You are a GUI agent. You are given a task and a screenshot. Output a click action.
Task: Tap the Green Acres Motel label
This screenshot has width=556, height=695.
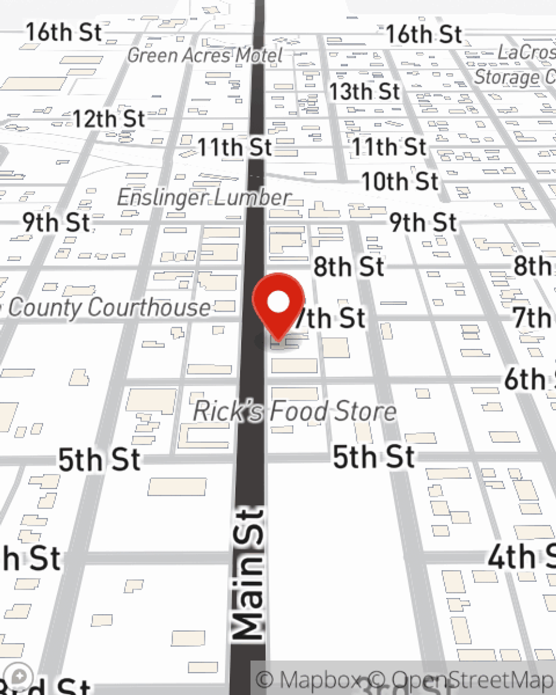(205, 55)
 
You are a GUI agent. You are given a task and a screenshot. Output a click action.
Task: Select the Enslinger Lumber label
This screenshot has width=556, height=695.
(204, 197)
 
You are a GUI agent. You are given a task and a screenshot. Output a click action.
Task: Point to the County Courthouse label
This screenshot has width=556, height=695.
(109, 307)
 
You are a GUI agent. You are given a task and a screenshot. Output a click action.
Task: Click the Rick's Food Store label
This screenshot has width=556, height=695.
(295, 411)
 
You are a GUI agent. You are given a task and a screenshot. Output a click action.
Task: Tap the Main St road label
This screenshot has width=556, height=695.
(249, 573)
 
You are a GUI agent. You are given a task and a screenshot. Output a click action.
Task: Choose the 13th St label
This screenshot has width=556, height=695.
(364, 92)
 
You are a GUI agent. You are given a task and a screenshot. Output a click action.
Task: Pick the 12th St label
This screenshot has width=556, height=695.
(109, 119)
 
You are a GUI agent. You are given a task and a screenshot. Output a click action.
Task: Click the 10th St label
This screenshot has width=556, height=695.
(400, 181)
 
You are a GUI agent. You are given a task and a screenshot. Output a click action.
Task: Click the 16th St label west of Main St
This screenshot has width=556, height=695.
(64, 32)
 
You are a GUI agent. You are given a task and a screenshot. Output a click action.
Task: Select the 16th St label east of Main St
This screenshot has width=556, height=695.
(424, 34)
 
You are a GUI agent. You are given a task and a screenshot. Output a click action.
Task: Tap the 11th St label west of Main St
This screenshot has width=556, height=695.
(235, 148)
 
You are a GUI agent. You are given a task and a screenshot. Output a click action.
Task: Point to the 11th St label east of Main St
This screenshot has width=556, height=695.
(389, 147)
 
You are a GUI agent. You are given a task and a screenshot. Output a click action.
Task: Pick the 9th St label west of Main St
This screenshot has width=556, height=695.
(56, 222)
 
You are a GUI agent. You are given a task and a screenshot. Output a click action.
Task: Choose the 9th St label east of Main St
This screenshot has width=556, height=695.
(423, 223)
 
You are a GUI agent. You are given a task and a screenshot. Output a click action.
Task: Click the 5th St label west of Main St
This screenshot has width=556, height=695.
(100, 460)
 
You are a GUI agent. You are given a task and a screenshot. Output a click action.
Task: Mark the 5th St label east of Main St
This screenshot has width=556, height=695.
(374, 457)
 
